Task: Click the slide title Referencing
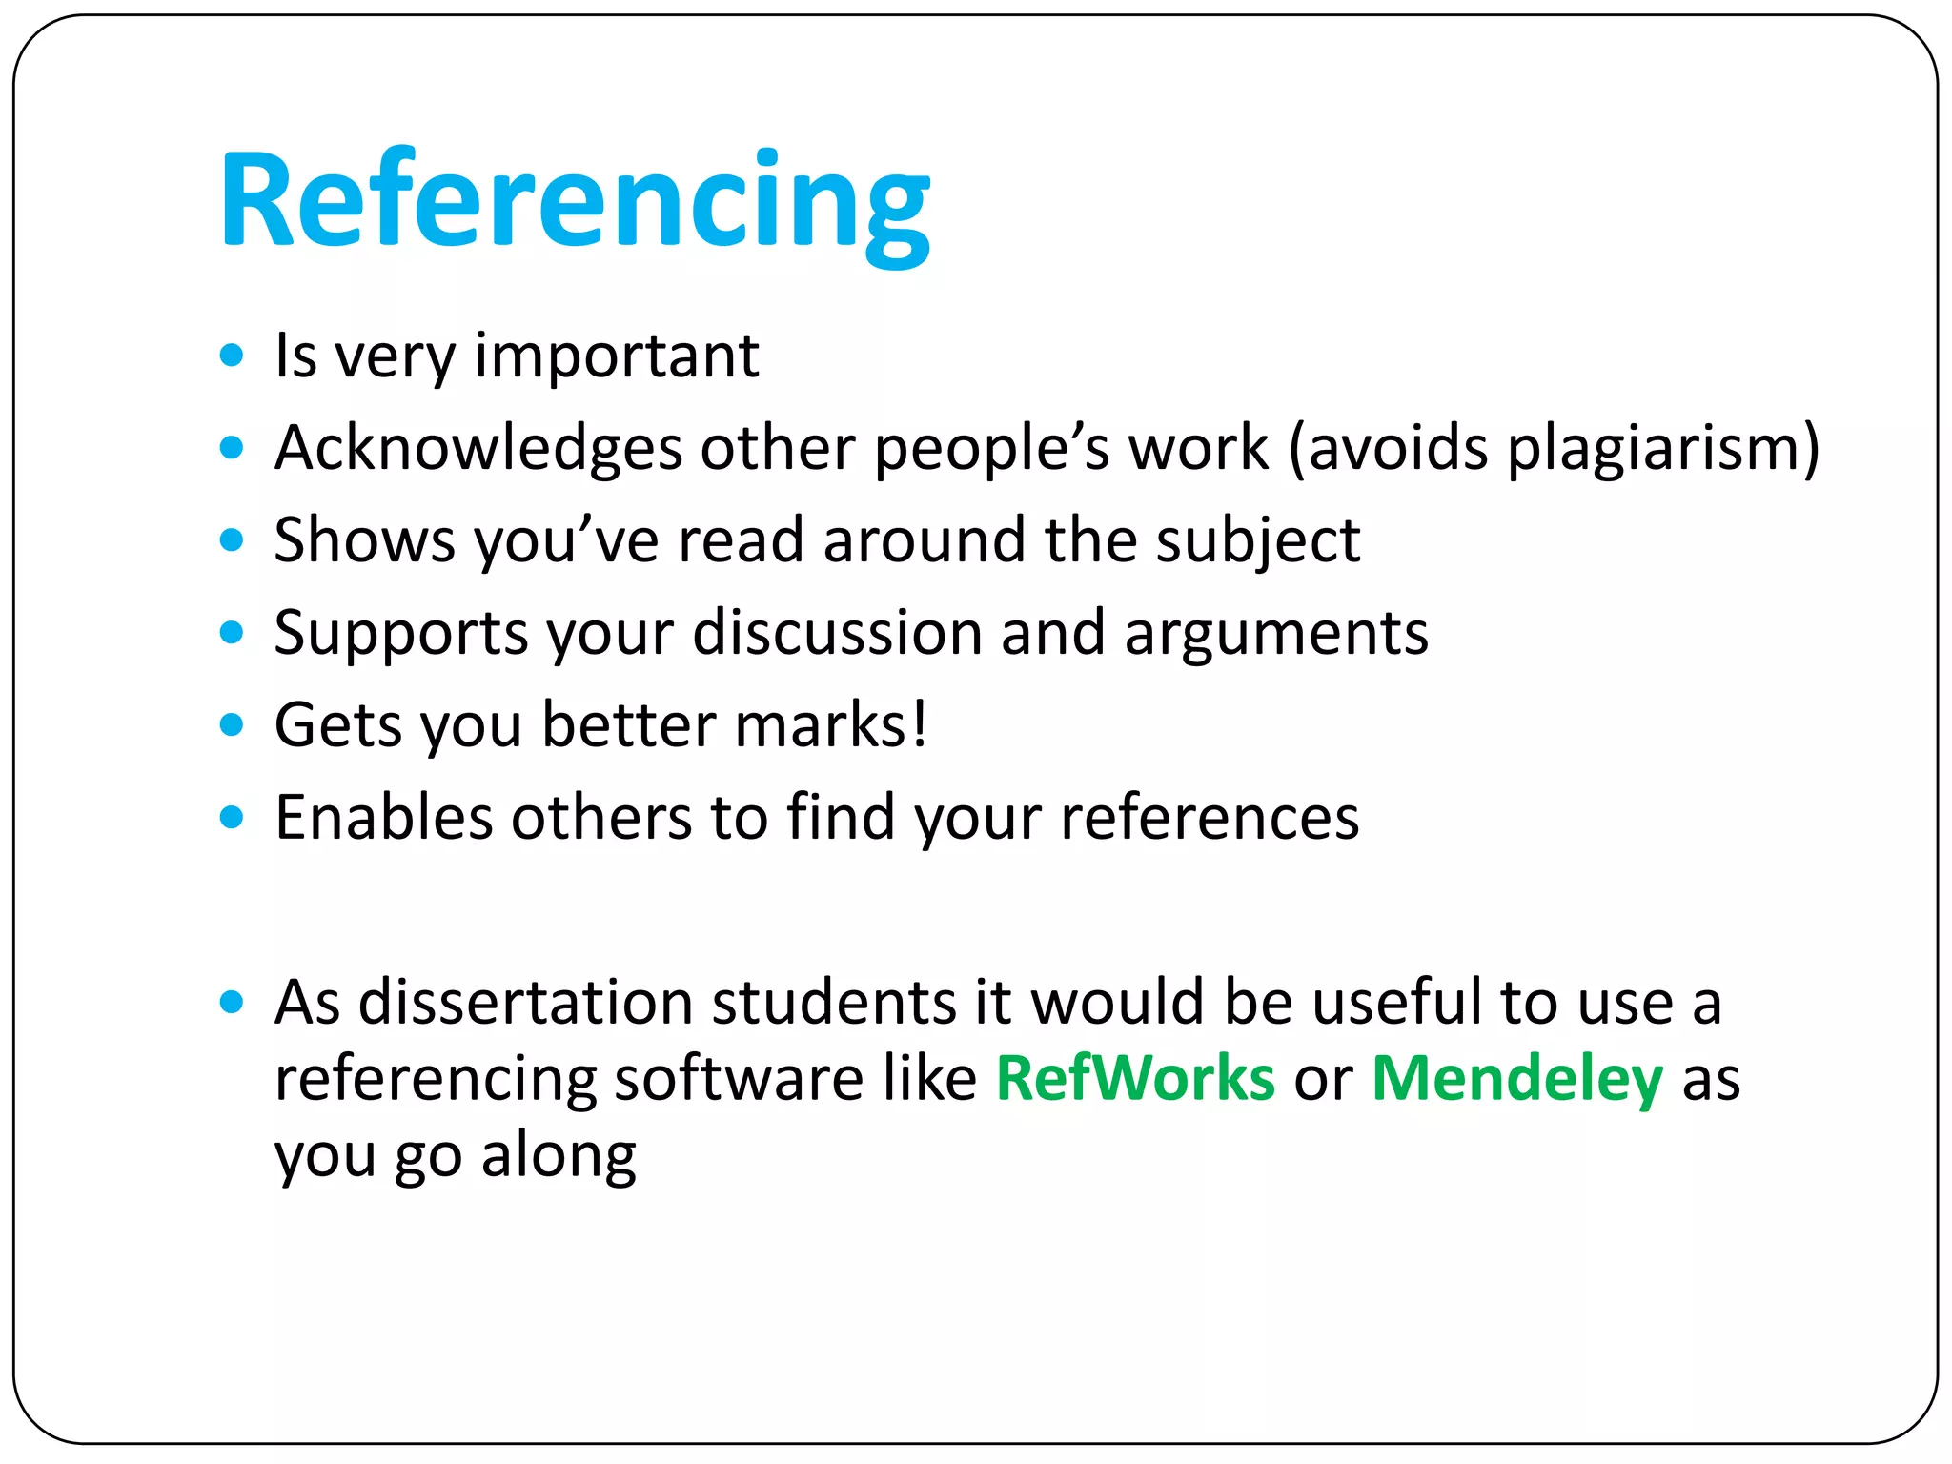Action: click(575, 202)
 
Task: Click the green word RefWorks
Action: click(1135, 1079)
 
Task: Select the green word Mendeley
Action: click(1517, 1079)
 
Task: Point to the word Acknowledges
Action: click(478, 448)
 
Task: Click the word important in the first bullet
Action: click(617, 356)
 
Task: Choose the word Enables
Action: click(383, 818)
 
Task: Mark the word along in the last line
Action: click(559, 1155)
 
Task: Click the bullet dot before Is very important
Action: click(232, 356)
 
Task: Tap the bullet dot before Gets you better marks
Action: click(232, 726)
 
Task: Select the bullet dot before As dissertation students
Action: click(232, 1003)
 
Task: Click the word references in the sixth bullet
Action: click(1210, 818)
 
